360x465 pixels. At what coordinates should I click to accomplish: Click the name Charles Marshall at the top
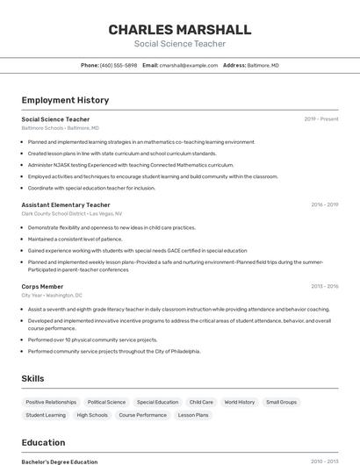click(x=179, y=30)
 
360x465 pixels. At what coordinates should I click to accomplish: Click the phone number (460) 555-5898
click(x=119, y=65)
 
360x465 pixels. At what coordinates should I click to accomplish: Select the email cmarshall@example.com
click(x=187, y=65)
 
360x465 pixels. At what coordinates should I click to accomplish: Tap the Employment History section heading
click(x=65, y=101)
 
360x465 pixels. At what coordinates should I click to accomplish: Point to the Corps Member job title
click(x=42, y=286)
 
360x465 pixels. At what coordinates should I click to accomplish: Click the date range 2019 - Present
click(x=320, y=119)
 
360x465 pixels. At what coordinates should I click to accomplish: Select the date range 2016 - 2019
click(x=324, y=204)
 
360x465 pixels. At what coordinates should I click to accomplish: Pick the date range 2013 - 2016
click(x=324, y=286)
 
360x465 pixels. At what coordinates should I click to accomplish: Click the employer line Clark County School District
click(x=71, y=213)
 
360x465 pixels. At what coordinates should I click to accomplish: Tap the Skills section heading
click(x=33, y=378)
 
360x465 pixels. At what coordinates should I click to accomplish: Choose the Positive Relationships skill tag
click(x=51, y=402)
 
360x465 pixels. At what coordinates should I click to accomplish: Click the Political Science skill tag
click(x=106, y=402)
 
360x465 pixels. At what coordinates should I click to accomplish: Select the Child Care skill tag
click(x=201, y=402)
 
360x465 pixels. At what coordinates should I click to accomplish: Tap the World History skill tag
click(x=239, y=402)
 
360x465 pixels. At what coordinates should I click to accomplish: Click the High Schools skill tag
click(x=92, y=415)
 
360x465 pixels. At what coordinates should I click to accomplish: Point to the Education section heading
click(x=43, y=442)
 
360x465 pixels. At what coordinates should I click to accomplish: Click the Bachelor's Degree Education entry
click(x=59, y=461)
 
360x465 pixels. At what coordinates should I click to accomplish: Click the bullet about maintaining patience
click(x=75, y=239)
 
